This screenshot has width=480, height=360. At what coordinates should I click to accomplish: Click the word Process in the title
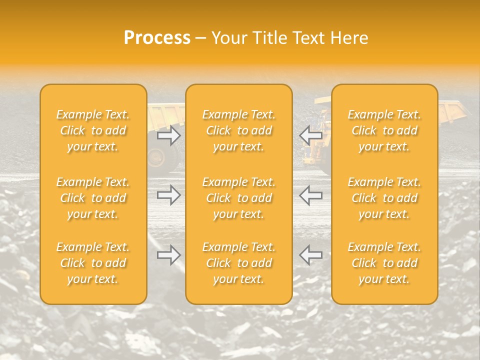pyautogui.click(x=157, y=38)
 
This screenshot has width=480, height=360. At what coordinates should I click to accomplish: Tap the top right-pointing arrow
pyautogui.click(x=168, y=135)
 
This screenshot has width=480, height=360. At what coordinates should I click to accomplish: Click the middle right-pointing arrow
pyautogui.click(x=168, y=195)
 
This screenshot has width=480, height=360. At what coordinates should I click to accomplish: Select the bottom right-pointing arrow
pyautogui.click(x=168, y=255)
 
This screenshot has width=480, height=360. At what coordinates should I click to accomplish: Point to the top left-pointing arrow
pyautogui.click(x=310, y=135)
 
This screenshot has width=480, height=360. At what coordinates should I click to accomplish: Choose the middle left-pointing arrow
pyautogui.click(x=310, y=195)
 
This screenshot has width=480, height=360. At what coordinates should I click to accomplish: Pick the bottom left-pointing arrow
pyautogui.click(x=310, y=255)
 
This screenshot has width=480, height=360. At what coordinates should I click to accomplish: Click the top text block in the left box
pyautogui.click(x=93, y=130)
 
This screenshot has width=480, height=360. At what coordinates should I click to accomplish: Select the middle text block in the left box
pyautogui.click(x=93, y=198)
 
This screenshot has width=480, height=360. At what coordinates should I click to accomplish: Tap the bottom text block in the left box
pyautogui.click(x=93, y=263)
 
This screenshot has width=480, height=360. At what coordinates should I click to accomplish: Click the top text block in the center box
pyautogui.click(x=239, y=130)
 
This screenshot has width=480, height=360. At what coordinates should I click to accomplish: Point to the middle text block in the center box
pyautogui.click(x=239, y=198)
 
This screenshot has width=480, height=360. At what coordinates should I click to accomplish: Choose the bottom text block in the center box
pyautogui.click(x=239, y=263)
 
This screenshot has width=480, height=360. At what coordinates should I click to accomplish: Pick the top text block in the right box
pyautogui.click(x=384, y=130)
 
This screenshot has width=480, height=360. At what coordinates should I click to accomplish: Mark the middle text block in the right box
pyautogui.click(x=384, y=198)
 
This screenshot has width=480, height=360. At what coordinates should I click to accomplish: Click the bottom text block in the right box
pyautogui.click(x=384, y=263)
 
